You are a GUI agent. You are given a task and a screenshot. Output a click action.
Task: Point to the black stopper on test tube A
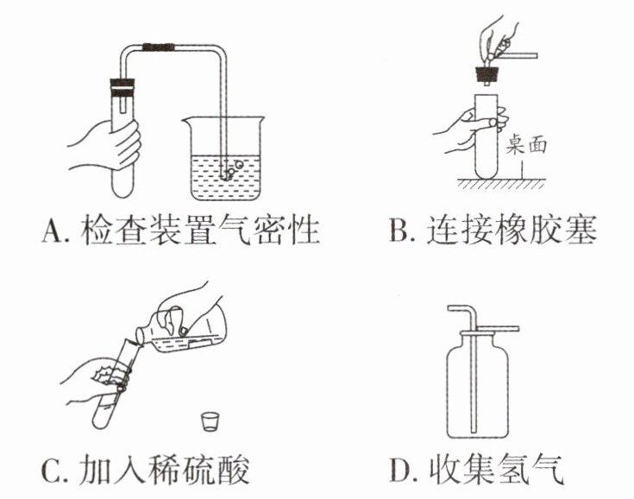point(122,85)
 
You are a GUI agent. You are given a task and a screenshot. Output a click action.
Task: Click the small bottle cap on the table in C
point(208,421)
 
